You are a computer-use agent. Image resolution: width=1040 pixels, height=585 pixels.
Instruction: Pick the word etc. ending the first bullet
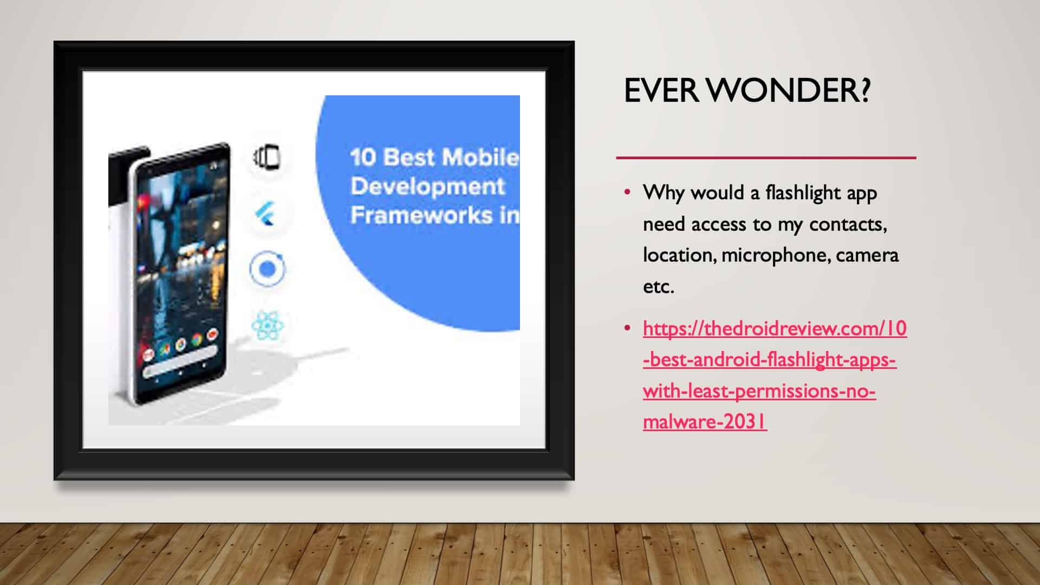coord(659,287)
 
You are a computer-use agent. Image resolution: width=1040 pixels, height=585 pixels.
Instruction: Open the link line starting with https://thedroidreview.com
coord(775,328)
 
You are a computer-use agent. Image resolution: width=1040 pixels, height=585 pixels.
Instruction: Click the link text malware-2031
coord(705,421)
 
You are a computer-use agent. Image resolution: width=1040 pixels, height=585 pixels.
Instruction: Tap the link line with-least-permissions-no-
coord(759,391)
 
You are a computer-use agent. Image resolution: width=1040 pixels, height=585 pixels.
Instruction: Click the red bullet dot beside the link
coord(627,328)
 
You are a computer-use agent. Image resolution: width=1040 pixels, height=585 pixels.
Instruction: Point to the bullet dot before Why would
coord(627,192)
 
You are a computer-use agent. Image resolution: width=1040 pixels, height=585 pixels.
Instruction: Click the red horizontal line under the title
coord(766,158)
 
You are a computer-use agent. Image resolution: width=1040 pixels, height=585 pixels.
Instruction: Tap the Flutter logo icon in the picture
coord(265,213)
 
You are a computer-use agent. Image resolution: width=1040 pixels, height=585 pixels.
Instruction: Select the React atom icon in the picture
coord(267,326)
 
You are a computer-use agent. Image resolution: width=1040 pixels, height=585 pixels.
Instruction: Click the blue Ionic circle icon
coord(267,269)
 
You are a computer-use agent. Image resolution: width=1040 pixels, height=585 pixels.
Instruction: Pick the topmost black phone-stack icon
coord(266,157)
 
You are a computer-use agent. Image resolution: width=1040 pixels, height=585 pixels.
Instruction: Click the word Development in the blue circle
coord(427,186)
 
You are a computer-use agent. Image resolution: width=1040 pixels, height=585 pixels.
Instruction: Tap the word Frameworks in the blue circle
coord(421,215)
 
